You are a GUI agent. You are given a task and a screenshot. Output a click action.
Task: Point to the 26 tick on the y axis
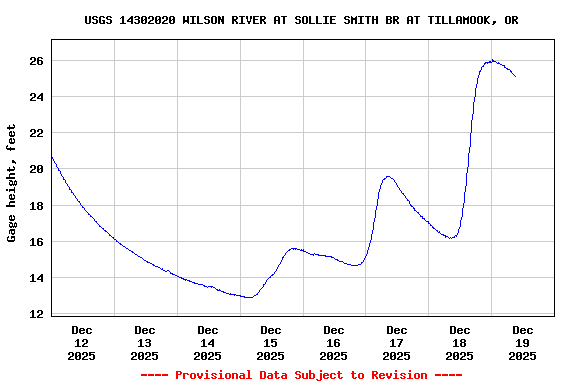[36, 61]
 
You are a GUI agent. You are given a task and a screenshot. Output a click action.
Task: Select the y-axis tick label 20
[36, 169]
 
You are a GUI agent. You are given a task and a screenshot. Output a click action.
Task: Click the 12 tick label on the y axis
[36, 314]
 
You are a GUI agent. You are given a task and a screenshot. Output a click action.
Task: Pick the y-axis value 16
[36, 242]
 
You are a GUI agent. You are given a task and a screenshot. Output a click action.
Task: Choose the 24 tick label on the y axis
[36, 97]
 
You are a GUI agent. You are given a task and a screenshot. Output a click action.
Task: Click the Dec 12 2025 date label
[82, 342]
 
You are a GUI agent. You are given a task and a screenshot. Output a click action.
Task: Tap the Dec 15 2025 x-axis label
[271, 342]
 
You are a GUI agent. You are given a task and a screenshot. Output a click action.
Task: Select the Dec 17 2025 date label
[397, 342]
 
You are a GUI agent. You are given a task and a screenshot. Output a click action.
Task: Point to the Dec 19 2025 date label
[522, 342]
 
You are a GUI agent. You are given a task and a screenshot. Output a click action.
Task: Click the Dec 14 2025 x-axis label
[208, 342]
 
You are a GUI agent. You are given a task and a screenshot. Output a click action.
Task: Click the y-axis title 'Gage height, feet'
[12, 183]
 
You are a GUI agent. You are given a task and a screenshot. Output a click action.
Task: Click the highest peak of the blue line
[491, 61]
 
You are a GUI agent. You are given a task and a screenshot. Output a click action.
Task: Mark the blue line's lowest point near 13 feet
[249, 298]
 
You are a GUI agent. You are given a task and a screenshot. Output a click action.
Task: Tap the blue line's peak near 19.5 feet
[389, 177]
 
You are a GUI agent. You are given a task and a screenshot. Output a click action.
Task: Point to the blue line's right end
[516, 76]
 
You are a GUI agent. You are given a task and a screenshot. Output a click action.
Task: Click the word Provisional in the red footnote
[214, 375]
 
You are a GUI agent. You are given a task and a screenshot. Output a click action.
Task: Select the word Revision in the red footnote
[399, 375]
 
